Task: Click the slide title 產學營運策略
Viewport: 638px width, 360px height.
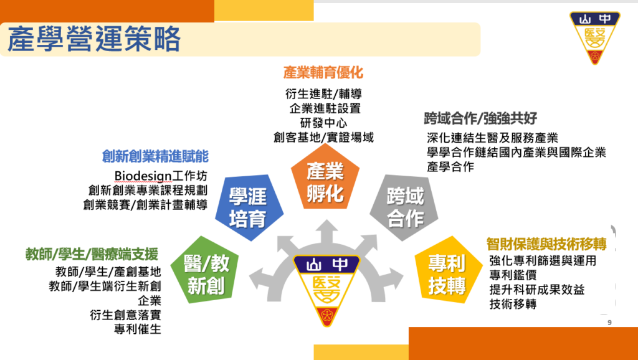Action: tap(93, 39)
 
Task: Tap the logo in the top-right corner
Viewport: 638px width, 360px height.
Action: tap(594, 37)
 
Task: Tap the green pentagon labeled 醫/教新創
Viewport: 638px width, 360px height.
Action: tap(204, 271)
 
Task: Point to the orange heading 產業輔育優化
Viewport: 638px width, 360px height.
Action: tap(323, 73)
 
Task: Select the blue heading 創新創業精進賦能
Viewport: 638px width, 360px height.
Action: tap(155, 156)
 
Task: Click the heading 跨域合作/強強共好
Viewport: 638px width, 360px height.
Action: tap(480, 118)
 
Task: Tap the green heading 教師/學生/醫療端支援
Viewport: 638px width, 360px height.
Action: tap(92, 254)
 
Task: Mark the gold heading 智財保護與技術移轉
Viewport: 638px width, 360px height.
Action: tap(546, 244)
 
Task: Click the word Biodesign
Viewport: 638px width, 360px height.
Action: tap(143, 176)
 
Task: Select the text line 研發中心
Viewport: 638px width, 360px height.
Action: tap(323, 123)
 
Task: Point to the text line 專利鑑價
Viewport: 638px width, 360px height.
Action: tap(513, 275)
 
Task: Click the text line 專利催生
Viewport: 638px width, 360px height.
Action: tap(138, 329)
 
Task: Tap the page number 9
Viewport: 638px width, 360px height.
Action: tap(609, 323)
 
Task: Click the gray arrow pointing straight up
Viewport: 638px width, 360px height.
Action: tap(326, 232)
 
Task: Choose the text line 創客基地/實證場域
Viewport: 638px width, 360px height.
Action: tap(323, 138)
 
